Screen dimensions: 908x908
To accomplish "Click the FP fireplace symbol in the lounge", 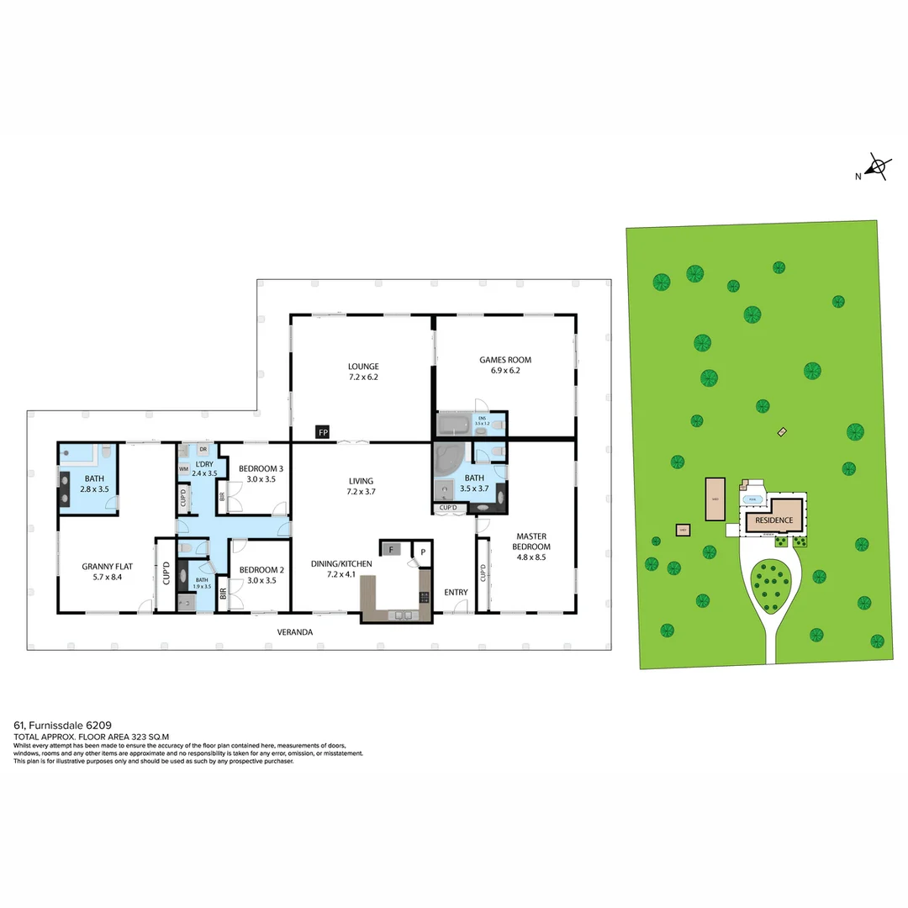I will (322, 432).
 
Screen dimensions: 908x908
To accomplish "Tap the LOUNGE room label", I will (363, 367).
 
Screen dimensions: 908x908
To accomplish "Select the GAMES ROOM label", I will (505, 360).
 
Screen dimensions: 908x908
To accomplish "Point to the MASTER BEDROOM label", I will (532, 536).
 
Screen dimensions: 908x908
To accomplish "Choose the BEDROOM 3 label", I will (261, 468).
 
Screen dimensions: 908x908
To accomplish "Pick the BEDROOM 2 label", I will (261, 569).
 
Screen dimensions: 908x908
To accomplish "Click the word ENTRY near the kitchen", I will (456, 593).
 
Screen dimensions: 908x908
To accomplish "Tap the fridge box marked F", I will (390, 549).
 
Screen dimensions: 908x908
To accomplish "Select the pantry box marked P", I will (424, 552).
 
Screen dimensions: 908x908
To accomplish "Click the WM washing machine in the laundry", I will (183, 469).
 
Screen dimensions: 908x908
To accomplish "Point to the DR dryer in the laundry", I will (203, 450).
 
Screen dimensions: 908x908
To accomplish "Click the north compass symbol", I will (879, 167).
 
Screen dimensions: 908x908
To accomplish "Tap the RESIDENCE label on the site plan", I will (773, 520).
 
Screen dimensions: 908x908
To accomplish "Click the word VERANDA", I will (295, 631).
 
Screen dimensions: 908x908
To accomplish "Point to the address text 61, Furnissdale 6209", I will (62, 724).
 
